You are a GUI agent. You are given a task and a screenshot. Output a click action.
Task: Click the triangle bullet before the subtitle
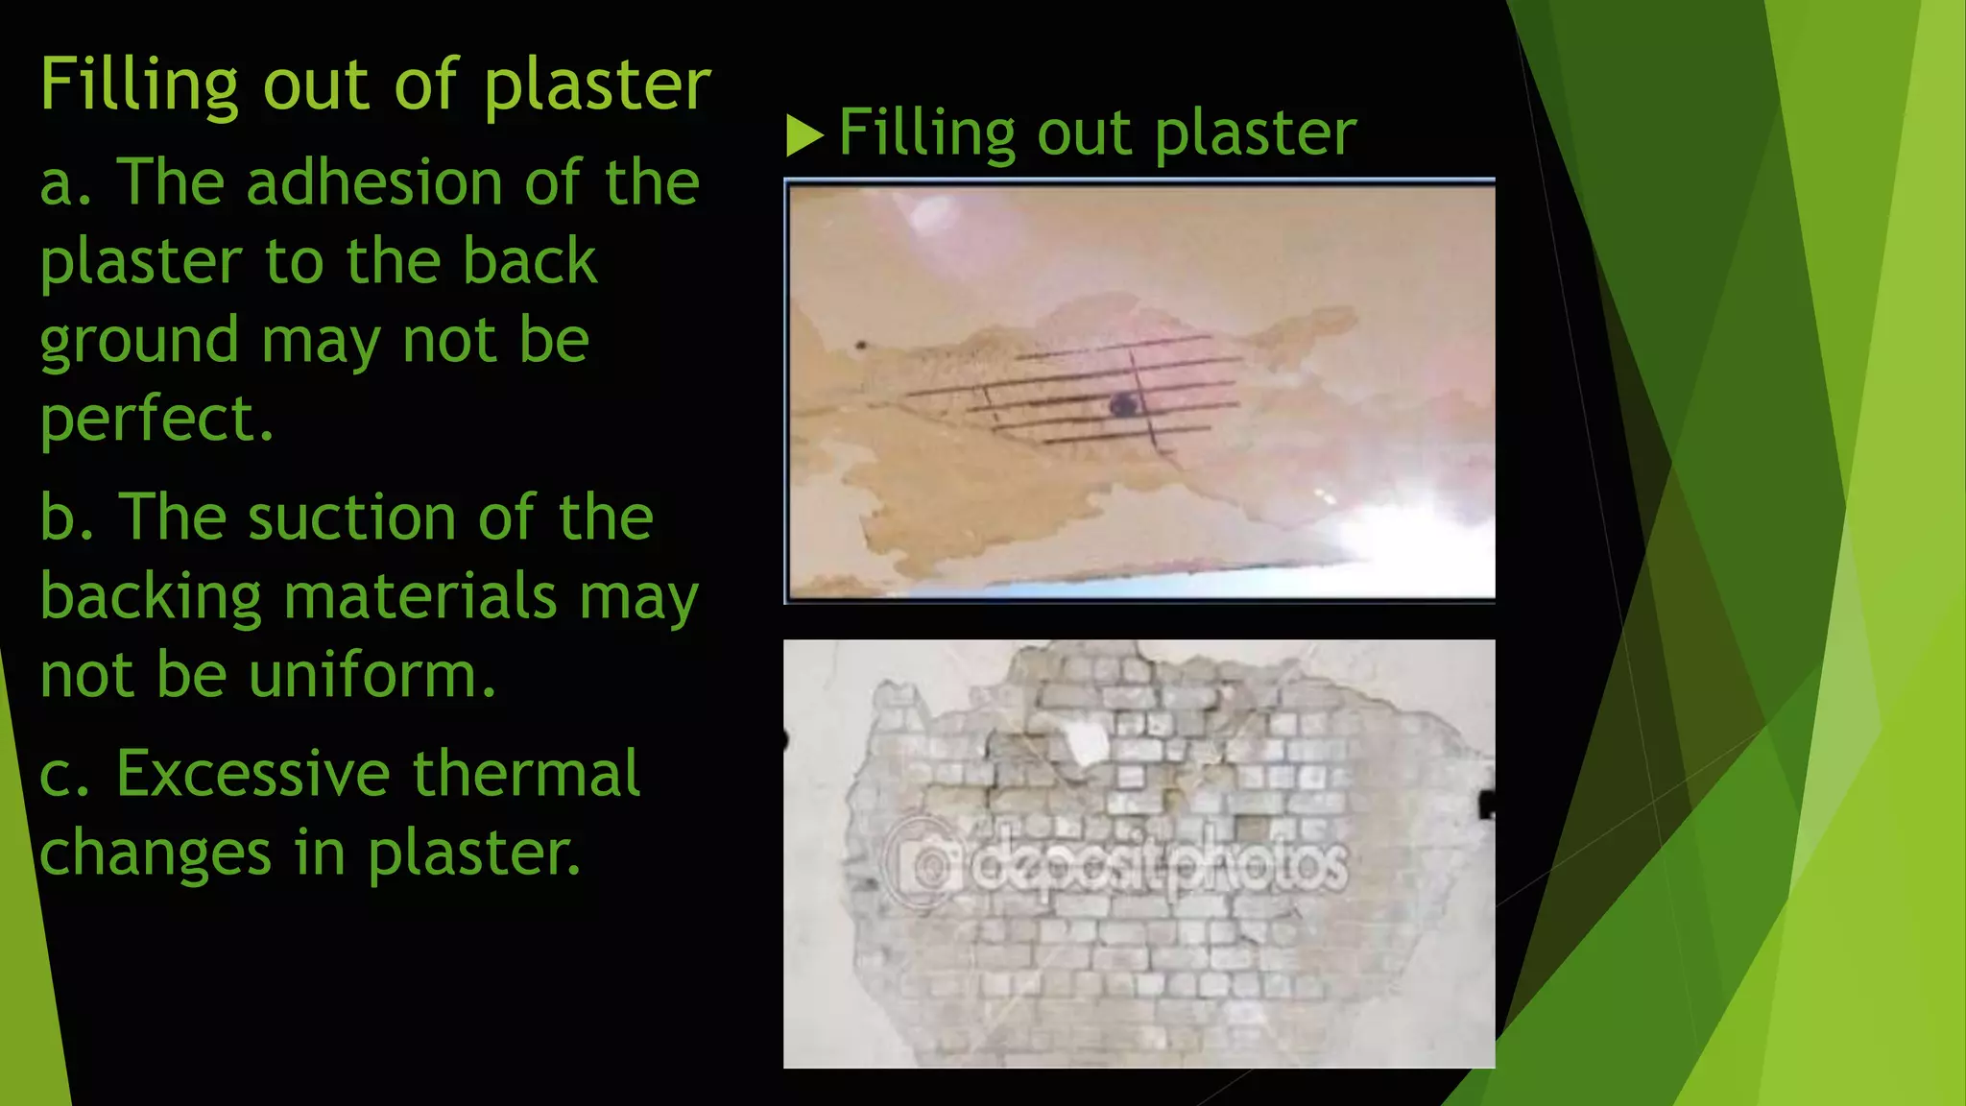804,135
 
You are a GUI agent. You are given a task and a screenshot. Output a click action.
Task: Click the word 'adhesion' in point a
373,182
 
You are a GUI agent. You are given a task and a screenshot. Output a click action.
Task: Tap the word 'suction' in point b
351,518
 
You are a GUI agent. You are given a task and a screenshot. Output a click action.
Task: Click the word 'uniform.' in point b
372,675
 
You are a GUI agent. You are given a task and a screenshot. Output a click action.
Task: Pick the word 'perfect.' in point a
156,420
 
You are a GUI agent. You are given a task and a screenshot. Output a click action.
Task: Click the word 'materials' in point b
420,596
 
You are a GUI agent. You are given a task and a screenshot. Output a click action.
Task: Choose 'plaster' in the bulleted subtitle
1255,134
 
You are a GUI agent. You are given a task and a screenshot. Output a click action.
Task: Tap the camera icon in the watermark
923,865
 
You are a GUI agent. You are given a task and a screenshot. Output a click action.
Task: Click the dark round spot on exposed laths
1122,405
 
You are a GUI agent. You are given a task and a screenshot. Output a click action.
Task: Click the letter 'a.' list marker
65,182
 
